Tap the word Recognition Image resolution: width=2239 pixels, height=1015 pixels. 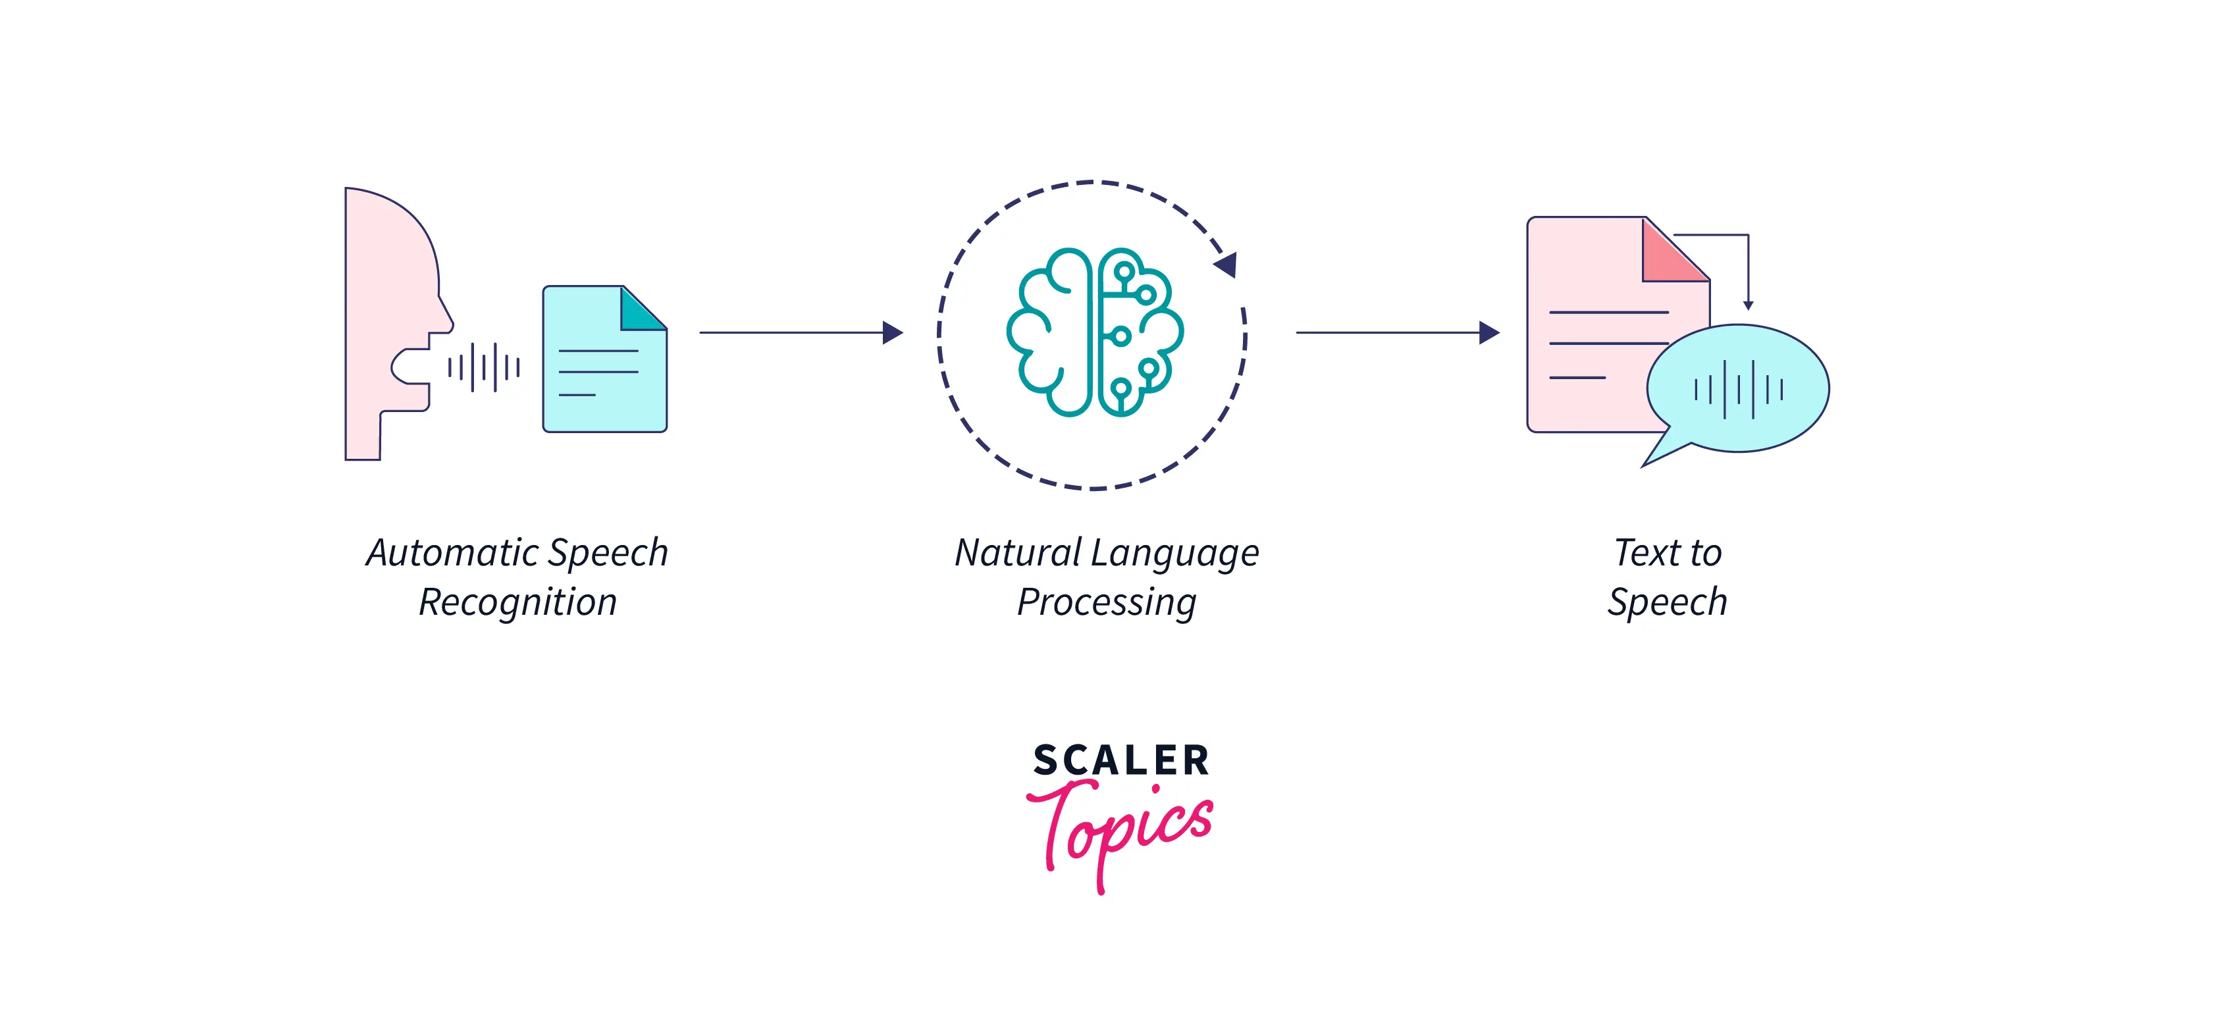[x=518, y=602]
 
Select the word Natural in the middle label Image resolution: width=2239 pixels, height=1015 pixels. [x=1018, y=553]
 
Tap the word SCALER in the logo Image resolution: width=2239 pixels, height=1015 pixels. [x=1121, y=760]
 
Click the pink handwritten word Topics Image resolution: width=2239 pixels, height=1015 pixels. [x=1121, y=825]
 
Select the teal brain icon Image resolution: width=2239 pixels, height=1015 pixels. [x=1094, y=333]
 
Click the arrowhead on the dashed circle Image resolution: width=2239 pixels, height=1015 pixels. [x=1226, y=263]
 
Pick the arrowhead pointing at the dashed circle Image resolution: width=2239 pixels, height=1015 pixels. [x=893, y=333]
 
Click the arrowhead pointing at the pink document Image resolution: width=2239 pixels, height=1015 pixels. [x=1489, y=333]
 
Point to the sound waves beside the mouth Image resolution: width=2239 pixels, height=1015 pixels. [x=484, y=367]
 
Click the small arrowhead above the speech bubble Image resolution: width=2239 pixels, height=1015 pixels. [x=1748, y=305]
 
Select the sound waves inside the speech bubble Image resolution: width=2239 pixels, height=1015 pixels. [x=1739, y=389]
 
